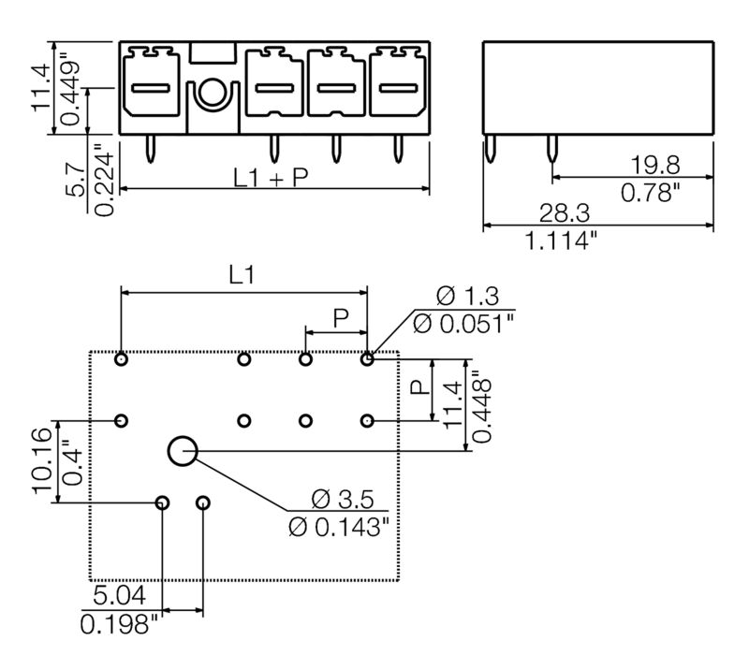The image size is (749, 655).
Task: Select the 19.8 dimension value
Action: coord(654,165)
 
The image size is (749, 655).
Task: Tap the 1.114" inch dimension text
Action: coord(561,240)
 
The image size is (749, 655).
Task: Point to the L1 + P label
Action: coord(271,177)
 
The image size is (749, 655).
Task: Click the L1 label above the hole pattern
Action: coord(242,275)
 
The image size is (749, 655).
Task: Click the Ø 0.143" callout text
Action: coord(338,527)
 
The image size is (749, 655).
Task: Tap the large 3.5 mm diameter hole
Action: coord(183,452)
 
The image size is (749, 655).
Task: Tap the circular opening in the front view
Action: coord(213,93)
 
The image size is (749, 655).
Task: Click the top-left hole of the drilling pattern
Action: coord(122,359)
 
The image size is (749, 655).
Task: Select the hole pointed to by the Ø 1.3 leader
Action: coord(368,359)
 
